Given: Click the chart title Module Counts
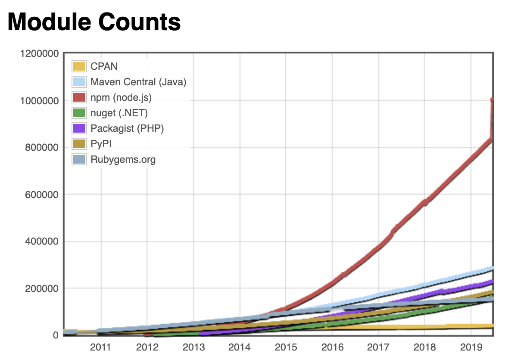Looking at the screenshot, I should (94, 22).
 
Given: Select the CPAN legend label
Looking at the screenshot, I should (104, 66).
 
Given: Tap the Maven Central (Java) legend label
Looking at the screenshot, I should (138, 82).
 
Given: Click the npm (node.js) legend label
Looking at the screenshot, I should (121, 97).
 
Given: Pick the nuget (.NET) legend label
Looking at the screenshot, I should (119, 113).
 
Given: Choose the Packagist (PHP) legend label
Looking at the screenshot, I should (127, 128).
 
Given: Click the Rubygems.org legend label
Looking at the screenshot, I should (123, 159).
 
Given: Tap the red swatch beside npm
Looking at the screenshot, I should (79, 97).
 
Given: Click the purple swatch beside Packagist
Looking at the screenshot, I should (79, 128).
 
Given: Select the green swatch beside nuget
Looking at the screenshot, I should (79, 113).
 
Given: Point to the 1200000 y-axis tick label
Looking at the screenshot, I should (39, 54).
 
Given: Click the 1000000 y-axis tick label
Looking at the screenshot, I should (39, 101).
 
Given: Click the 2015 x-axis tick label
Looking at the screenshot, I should (286, 347).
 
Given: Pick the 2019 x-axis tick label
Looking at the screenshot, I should (471, 347).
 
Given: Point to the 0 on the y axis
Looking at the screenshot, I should (56, 335).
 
